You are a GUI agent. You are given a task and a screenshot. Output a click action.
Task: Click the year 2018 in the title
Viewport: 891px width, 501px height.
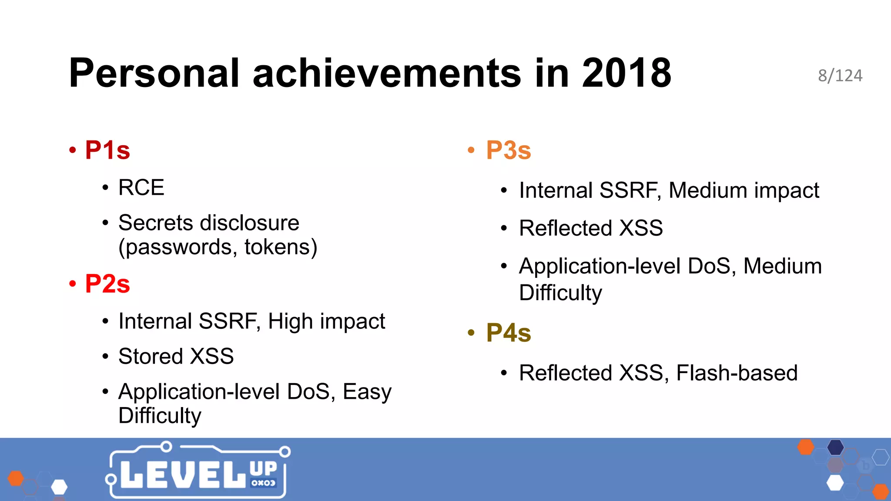click(626, 73)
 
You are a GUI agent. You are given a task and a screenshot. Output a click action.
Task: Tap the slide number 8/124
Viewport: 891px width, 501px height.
click(840, 76)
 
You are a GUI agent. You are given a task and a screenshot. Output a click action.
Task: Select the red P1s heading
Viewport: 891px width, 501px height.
click(107, 150)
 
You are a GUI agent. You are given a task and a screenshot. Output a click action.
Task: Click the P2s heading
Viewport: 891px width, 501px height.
click(107, 284)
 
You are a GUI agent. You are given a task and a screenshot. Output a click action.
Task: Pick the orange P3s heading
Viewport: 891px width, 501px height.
click(509, 150)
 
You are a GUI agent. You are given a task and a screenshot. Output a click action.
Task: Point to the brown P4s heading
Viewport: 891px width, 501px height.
click(509, 333)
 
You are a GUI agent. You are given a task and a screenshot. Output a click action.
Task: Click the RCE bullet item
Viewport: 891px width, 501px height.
click(141, 188)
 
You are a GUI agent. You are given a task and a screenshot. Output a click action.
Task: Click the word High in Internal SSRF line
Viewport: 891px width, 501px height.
click(290, 321)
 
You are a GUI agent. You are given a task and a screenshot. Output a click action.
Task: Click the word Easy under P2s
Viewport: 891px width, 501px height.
click(367, 392)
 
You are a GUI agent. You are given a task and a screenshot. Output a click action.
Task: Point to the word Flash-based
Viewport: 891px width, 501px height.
click(737, 373)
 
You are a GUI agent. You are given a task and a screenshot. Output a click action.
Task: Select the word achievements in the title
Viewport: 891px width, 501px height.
click(386, 73)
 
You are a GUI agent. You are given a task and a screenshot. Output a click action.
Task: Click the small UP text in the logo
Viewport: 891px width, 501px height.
click(263, 468)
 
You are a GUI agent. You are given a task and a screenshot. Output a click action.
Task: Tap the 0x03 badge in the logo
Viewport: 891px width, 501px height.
click(263, 483)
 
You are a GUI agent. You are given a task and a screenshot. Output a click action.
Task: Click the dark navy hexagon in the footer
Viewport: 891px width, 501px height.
click(835, 447)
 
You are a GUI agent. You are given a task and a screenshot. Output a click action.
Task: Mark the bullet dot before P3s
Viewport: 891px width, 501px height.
click(471, 150)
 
